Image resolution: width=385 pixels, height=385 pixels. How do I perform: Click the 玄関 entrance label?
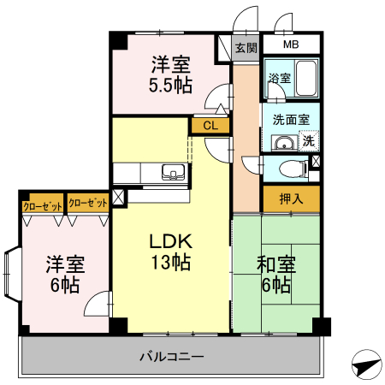click(x=246, y=48)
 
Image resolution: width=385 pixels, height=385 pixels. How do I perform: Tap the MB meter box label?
click(x=291, y=44)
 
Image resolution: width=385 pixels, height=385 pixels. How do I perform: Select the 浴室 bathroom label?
click(x=279, y=78)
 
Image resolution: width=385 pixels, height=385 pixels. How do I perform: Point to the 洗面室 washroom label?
click(x=290, y=120)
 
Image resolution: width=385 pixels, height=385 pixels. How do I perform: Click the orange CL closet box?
click(x=210, y=126)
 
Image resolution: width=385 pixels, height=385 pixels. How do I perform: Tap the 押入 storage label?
click(x=290, y=198)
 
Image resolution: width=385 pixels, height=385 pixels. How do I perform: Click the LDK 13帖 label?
click(x=170, y=251)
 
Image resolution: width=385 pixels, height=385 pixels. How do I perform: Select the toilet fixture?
click(x=293, y=167)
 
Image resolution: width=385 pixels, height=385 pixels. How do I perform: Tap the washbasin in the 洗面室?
click(x=281, y=141)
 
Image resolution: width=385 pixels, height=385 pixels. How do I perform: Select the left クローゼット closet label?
click(x=42, y=204)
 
